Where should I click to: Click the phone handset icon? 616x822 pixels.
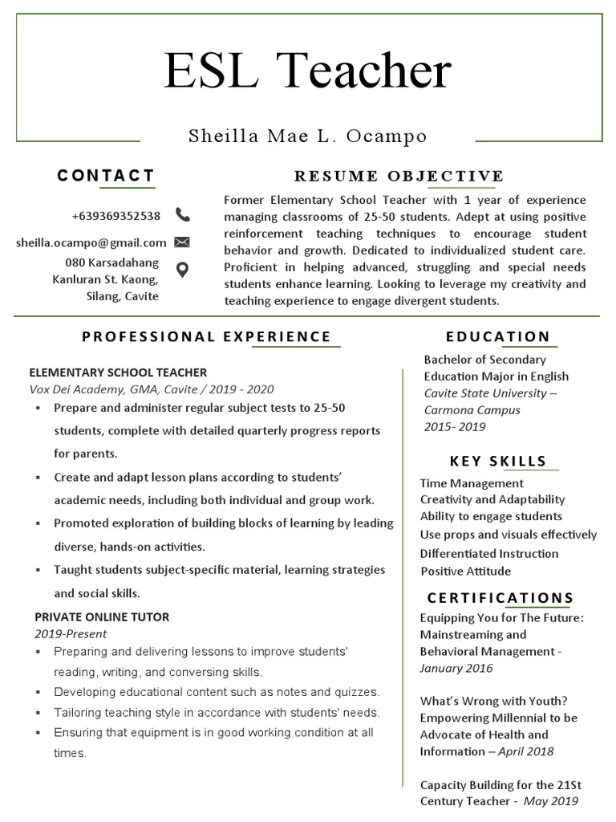(183, 215)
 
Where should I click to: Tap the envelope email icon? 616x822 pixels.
(182, 242)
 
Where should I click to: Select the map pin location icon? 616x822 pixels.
(182, 270)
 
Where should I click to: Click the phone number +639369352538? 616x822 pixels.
(116, 216)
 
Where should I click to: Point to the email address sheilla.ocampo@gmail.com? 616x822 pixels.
(91, 242)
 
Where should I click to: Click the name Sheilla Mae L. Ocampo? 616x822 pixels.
(308, 136)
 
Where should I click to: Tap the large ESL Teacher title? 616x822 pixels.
(308, 71)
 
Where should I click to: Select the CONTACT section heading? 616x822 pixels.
(106, 176)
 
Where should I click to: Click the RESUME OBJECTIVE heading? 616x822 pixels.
(399, 176)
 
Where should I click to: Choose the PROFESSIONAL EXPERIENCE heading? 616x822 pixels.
(207, 336)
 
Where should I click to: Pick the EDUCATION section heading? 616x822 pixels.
(498, 336)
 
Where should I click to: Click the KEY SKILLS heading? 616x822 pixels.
(498, 461)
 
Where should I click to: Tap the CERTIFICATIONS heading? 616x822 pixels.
(500, 598)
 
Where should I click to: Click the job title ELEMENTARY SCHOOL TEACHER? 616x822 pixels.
(118, 372)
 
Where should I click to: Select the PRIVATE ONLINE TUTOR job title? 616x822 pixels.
(102, 617)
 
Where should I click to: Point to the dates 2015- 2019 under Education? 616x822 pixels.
(455, 427)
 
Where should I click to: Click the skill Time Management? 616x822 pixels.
(472, 483)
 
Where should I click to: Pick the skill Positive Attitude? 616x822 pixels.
(466, 572)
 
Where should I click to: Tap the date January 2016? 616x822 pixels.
(456, 668)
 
